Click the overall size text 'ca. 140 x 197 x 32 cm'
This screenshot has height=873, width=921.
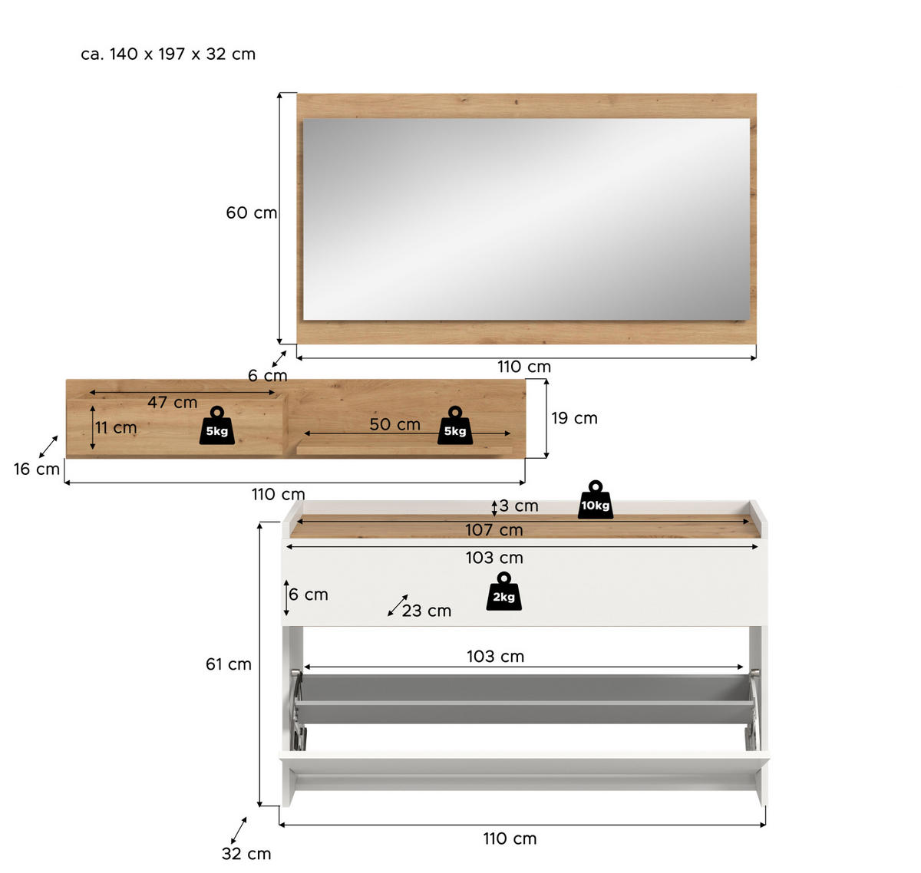[168, 54]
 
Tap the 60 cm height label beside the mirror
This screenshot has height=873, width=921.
[251, 212]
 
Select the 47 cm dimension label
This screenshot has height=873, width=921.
[172, 402]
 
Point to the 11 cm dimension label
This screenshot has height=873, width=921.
[116, 427]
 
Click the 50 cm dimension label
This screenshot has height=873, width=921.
[394, 424]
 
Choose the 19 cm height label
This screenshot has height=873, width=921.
[574, 418]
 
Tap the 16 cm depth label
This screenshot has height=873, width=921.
[36, 469]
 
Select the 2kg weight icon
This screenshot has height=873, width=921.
[503, 592]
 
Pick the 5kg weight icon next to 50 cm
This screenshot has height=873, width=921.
[455, 426]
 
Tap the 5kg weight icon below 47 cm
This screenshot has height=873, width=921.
[217, 426]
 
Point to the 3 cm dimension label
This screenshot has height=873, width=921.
[519, 506]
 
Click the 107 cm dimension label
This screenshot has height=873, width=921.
[494, 530]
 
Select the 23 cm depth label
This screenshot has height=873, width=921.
[427, 611]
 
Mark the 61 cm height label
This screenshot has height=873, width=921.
[228, 664]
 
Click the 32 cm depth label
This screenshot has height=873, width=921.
[246, 854]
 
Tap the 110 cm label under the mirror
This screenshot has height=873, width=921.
[524, 367]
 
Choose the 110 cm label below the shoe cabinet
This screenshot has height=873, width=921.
[510, 838]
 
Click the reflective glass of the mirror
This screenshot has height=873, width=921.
[526, 219]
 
